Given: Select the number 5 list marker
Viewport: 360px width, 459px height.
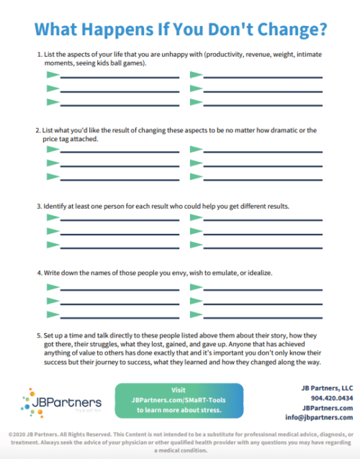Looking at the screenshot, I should click(38, 335).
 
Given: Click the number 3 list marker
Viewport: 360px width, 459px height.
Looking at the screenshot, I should click(38, 206).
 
